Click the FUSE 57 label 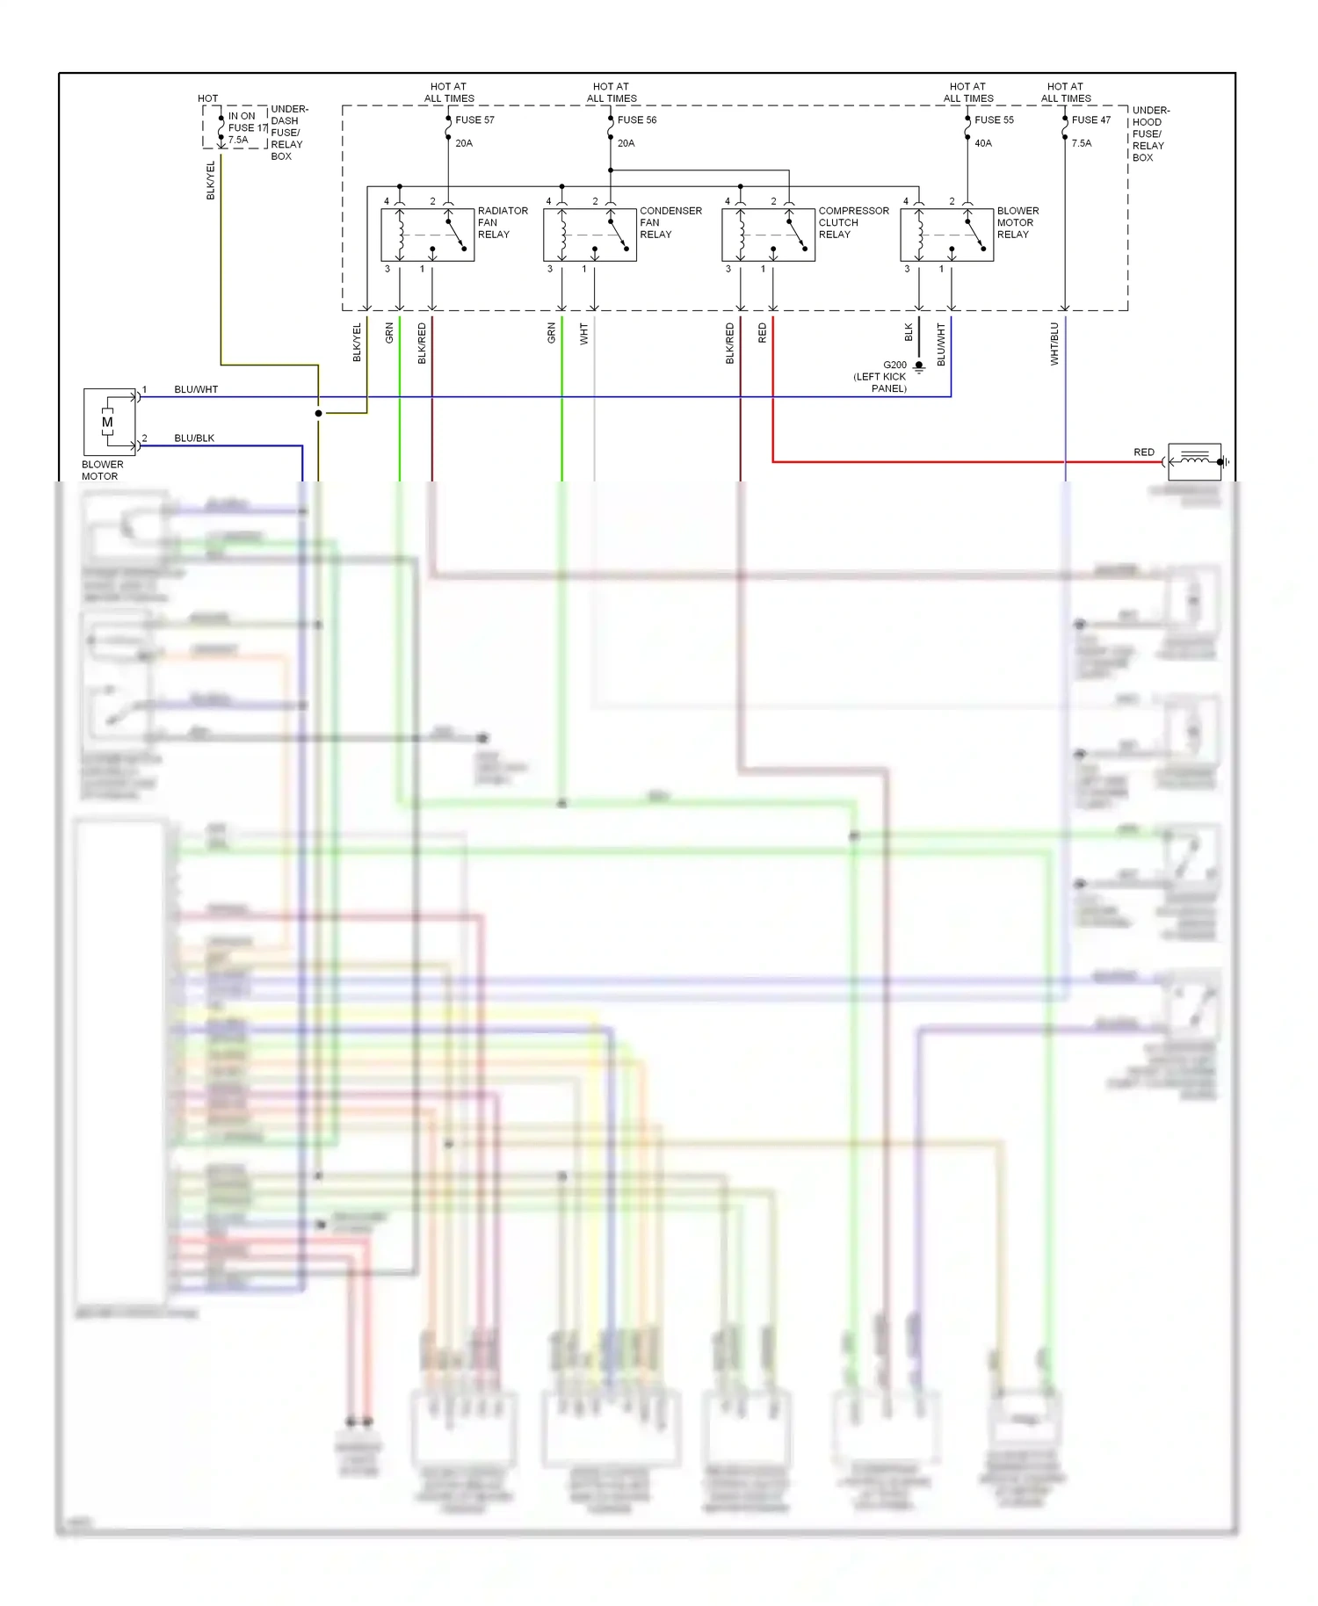coord(474,120)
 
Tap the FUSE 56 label coord(637,120)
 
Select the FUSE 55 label coord(994,120)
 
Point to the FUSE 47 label coord(1090,120)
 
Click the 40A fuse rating coord(983,143)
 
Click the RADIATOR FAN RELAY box coord(427,235)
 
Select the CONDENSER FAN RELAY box coord(590,235)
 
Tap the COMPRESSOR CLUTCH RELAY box coord(768,235)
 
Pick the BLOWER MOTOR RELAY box coord(946,235)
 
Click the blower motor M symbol coord(108,423)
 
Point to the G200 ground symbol coord(919,366)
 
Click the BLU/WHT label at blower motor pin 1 coord(196,389)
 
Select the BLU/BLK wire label coord(194,438)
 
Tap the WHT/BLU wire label coord(1054,344)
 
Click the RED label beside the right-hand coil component coord(1143,452)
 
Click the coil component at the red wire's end coord(1194,461)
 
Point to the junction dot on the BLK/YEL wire coord(318,413)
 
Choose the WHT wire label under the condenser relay coord(584,333)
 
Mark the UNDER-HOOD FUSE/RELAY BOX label coord(1149,134)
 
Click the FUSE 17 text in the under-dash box coord(247,128)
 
